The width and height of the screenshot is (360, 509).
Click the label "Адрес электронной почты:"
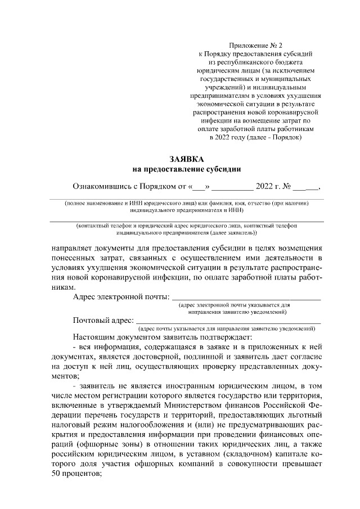click(x=121, y=296)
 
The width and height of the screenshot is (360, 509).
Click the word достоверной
click(x=180, y=358)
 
